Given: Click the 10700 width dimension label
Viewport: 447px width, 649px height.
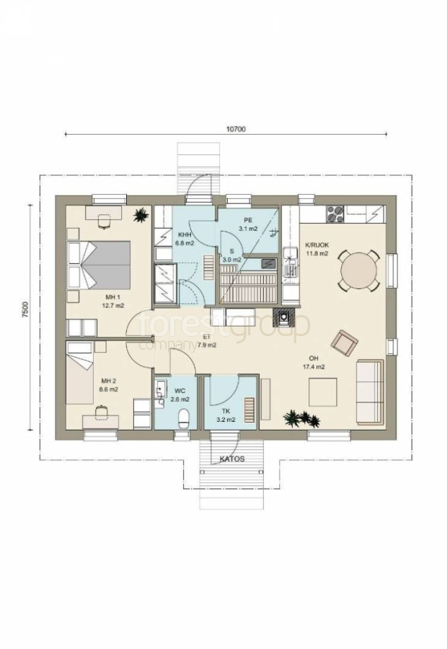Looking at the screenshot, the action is coord(236,129).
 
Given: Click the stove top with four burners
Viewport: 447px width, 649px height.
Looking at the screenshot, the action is coord(335,214).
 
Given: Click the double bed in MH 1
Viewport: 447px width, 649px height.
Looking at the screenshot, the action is coord(99,265).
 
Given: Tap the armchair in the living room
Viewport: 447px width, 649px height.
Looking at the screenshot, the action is coord(345,342).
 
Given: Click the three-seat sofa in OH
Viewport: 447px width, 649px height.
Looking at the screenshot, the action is coord(370,392).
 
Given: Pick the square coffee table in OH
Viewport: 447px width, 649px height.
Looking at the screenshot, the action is coord(323,392).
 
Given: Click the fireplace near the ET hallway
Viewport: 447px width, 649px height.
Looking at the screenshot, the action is coord(284,318).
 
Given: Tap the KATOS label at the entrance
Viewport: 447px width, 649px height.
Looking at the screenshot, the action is coord(232,459).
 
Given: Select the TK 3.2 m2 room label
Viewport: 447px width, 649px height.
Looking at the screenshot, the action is coord(226,415).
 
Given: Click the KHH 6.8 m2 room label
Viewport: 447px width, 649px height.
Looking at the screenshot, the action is coord(185,239).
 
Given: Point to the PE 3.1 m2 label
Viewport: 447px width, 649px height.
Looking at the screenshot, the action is coord(248,224).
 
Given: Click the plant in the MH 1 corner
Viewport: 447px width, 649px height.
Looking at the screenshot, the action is coord(141,215).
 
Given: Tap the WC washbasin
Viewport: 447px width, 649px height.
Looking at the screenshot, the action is coord(160,391).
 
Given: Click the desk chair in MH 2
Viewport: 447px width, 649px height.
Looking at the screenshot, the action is coord(101,412).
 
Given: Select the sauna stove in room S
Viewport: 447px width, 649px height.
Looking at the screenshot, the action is coord(269,262).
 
